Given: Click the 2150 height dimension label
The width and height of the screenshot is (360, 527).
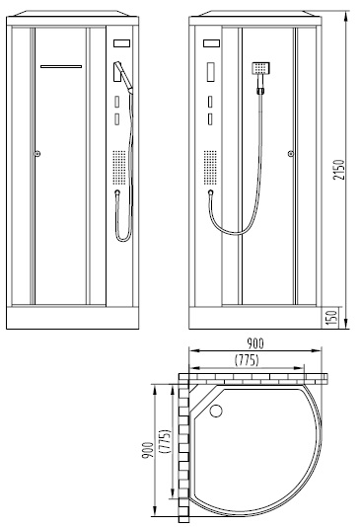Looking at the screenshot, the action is click(339, 170).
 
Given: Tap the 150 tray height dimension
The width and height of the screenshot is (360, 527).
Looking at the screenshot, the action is click(331, 318).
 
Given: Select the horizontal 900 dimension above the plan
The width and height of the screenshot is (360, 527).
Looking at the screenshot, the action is click(255, 343).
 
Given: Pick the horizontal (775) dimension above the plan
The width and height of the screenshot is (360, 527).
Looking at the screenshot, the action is click(247, 360).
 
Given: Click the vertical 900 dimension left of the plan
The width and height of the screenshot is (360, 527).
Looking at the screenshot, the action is click(148, 450).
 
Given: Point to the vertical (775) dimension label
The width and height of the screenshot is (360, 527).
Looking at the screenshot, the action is click(166, 441).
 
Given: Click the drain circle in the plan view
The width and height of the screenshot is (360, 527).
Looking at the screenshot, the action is click(216, 411).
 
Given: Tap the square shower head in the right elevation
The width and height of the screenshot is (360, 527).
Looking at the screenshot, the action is click(261, 68).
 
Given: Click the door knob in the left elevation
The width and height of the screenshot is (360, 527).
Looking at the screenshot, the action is click(37, 154).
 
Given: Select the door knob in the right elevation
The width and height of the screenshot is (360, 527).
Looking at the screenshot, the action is click(291, 154).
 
